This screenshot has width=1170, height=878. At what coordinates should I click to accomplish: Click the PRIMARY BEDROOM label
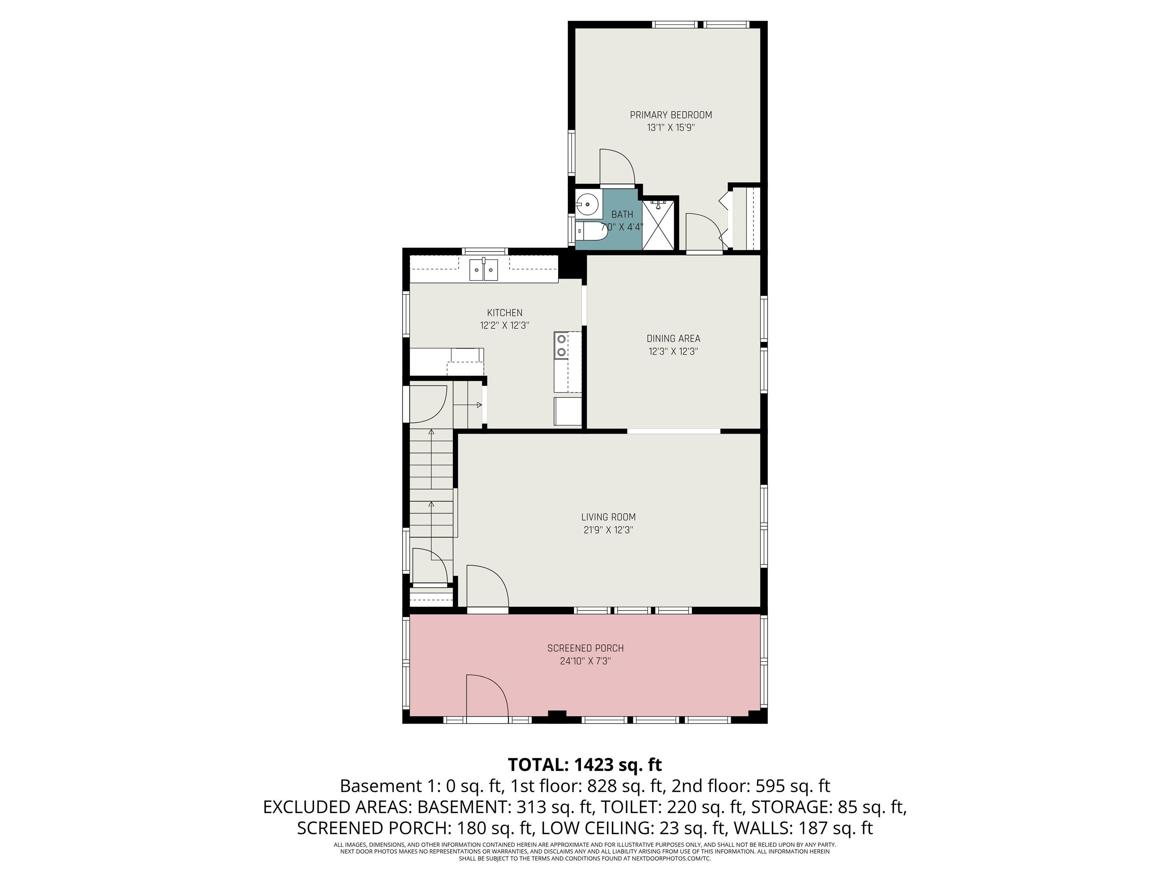[x=671, y=115]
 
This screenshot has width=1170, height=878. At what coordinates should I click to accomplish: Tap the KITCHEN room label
[x=505, y=313]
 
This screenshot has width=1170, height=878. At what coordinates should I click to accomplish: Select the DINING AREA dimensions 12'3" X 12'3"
[x=673, y=351]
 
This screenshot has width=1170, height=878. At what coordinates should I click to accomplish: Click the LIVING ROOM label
[x=608, y=517]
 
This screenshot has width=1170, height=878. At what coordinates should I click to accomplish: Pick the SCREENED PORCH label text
[x=585, y=648]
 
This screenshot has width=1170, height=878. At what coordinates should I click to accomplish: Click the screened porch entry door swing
[x=486, y=694]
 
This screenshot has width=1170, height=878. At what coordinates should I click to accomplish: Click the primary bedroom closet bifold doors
[x=725, y=218]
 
